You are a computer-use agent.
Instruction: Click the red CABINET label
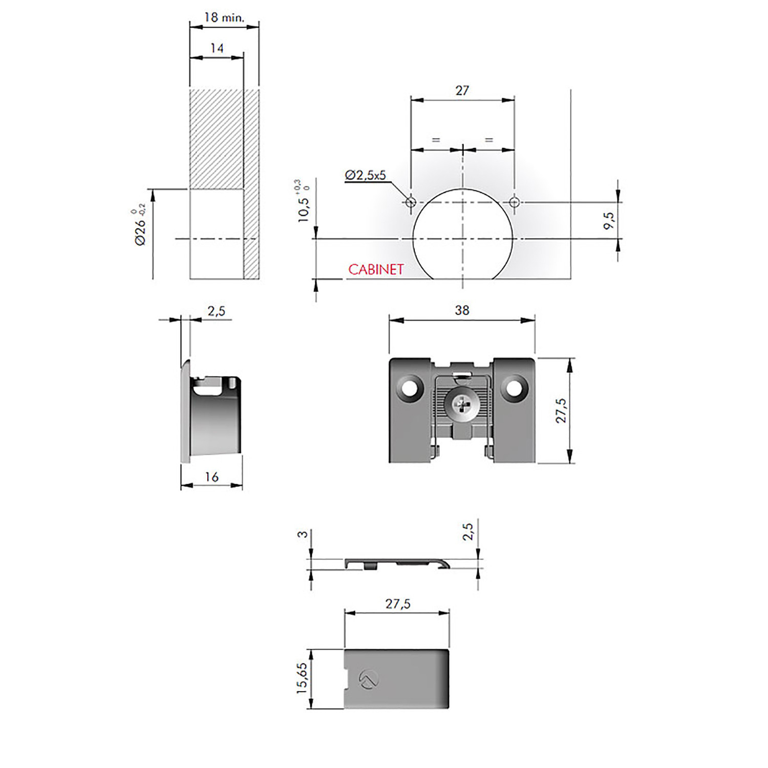click(376, 269)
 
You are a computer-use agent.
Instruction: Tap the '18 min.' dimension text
click(224, 17)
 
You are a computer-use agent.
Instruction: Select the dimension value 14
click(217, 48)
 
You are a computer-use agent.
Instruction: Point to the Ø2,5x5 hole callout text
click(365, 175)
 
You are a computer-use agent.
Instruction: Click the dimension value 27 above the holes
click(462, 91)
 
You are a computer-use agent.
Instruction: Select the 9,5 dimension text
click(608, 221)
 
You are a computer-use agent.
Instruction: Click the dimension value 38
click(462, 310)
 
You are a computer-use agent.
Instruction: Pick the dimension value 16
click(211, 477)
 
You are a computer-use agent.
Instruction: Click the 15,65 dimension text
click(302, 679)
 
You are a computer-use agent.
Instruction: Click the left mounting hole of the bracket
click(410, 388)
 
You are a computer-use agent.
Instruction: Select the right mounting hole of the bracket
click(515, 388)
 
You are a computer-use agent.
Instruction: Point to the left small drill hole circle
click(410, 202)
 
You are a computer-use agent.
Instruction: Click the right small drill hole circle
click(514, 202)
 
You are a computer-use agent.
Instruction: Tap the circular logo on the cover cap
click(369, 679)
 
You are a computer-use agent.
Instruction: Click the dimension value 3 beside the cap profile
click(303, 534)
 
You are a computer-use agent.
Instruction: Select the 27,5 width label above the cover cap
click(398, 604)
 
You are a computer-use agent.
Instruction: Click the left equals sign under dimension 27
click(436, 139)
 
